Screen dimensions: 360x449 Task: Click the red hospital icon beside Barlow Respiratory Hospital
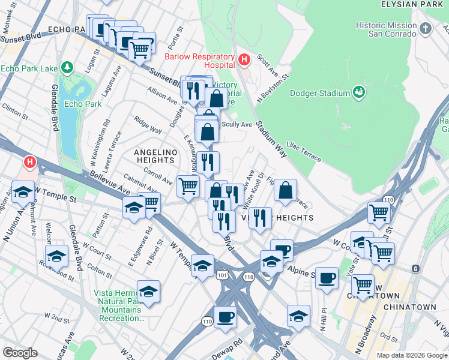click(x=244, y=60)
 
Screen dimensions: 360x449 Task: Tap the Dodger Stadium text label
click(x=320, y=93)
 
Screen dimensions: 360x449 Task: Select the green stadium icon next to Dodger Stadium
click(x=359, y=92)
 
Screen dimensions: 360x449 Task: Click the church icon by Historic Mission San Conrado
click(x=426, y=29)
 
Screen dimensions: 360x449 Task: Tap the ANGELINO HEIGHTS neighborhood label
click(x=155, y=156)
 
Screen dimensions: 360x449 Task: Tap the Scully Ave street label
click(x=237, y=125)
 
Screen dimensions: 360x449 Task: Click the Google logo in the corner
click(x=20, y=353)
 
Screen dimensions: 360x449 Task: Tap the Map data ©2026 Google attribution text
click(x=411, y=355)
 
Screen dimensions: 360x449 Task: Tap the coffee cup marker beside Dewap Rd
click(x=225, y=316)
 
